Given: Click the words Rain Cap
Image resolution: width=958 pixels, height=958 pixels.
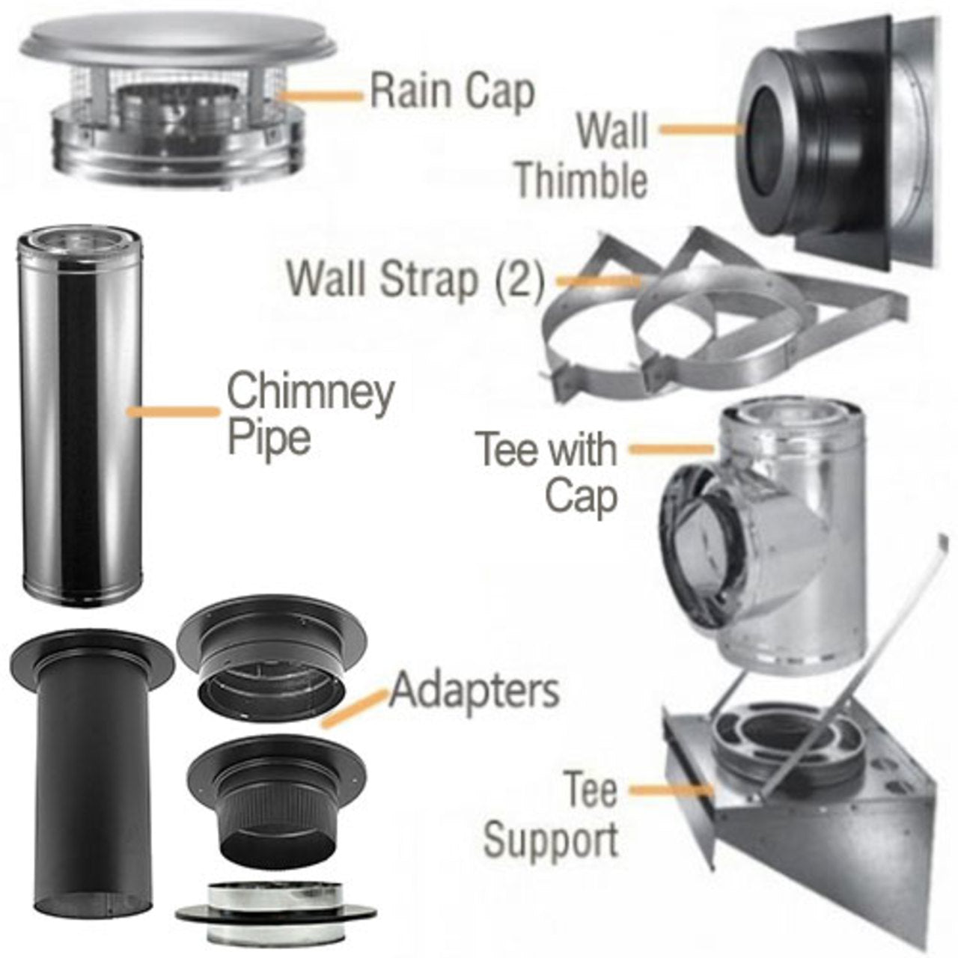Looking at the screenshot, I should click(x=452, y=91).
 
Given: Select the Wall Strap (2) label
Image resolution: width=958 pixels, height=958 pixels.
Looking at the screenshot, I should click(x=416, y=278).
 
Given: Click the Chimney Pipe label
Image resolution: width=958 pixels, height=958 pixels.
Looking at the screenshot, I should click(x=310, y=413).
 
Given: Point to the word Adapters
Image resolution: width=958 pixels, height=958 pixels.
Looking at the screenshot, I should click(x=475, y=690).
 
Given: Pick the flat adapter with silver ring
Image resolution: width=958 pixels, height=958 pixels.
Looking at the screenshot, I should click(x=275, y=913).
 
